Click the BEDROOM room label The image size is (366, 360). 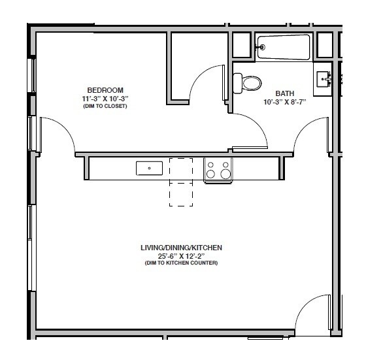pyautogui.click(x=105, y=90)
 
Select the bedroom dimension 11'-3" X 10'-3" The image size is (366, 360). pyautogui.click(x=105, y=98)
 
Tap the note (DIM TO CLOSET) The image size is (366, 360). pyautogui.click(x=105, y=105)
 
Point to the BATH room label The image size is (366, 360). pyautogui.click(x=284, y=93)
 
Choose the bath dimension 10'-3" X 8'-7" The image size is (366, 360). pyautogui.click(x=284, y=102)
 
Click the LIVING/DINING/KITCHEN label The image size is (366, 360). pyautogui.click(x=181, y=248)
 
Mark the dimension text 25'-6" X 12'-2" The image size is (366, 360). pyautogui.click(x=181, y=255)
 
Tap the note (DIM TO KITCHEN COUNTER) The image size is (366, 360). pyautogui.click(x=181, y=263)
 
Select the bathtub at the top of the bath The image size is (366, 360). pyautogui.click(x=284, y=46)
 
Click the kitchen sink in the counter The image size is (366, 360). pyautogui.click(x=149, y=169)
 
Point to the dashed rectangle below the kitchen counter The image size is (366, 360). pyautogui.click(x=181, y=194)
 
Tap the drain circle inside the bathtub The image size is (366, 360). pyautogui.click(x=263, y=46)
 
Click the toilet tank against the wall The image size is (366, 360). pyautogui.click(x=237, y=82)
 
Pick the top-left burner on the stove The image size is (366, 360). pyautogui.click(x=211, y=165)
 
